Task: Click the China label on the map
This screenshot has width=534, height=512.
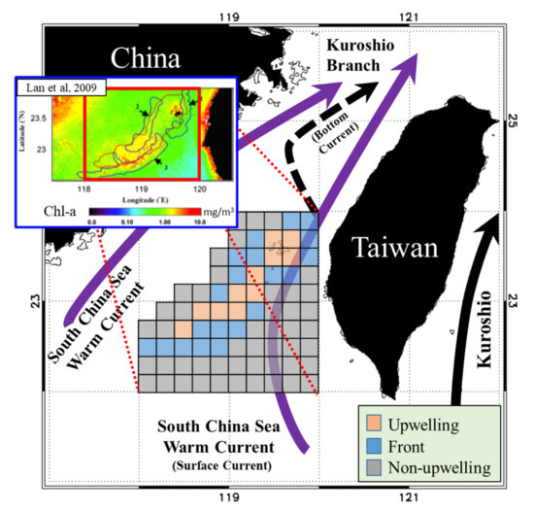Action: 150,56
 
